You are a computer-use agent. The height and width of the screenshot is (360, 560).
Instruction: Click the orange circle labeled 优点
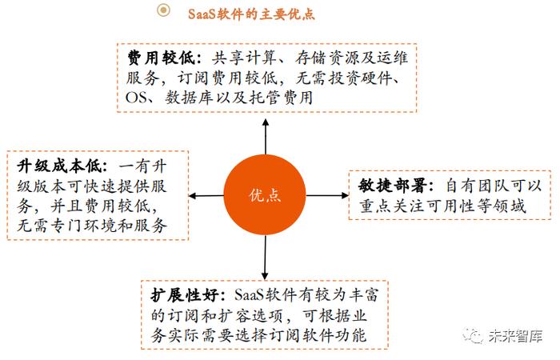(x=265, y=195)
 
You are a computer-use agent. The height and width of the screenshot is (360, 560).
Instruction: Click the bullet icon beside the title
(x=163, y=10)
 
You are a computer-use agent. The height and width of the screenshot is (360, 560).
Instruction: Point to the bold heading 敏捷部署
(x=393, y=186)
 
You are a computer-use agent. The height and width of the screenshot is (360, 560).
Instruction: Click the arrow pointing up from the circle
(x=266, y=137)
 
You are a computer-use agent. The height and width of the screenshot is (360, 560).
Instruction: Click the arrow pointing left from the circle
(x=206, y=196)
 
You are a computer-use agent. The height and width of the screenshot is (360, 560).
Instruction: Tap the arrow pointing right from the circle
(x=327, y=195)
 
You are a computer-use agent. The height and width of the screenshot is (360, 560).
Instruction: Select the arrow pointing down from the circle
(x=265, y=258)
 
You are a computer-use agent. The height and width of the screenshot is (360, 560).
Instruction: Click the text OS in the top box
(x=135, y=98)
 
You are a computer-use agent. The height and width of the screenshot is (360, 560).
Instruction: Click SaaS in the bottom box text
(x=249, y=295)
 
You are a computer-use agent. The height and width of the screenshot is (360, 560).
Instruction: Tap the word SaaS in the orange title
(x=202, y=14)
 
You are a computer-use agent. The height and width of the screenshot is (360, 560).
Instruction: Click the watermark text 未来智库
(x=515, y=336)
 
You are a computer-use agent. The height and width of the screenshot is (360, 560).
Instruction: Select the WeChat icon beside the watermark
(x=473, y=336)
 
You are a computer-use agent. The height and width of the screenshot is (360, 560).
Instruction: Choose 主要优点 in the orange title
(x=287, y=14)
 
